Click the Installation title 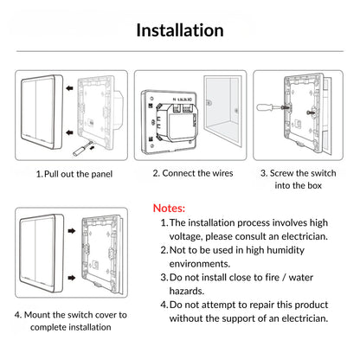(180, 30)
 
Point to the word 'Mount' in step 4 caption (41, 314)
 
